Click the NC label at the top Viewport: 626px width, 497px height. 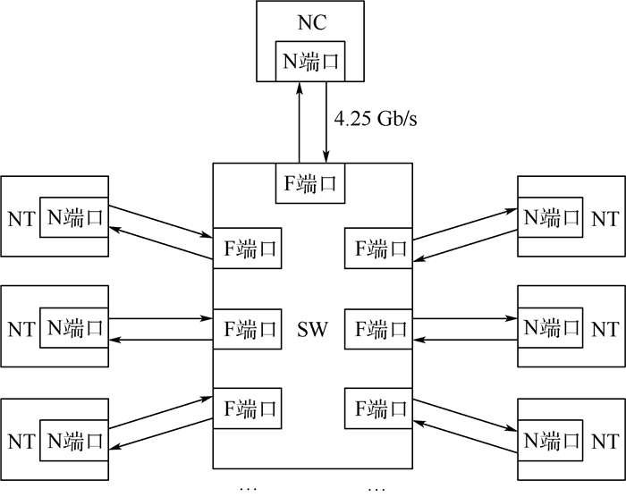[312, 20]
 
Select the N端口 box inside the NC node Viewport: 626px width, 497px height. [312, 60]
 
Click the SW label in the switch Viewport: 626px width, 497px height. [312, 331]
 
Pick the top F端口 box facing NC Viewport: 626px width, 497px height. [311, 183]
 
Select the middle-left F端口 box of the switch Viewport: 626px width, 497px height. [247, 330]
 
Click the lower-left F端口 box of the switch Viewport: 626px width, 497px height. [247, 409]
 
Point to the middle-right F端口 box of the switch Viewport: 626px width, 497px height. [376, 330]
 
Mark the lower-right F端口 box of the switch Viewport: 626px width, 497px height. [376, 409]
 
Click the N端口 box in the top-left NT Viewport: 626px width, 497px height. [74, 217]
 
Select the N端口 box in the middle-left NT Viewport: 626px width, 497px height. [74, 329]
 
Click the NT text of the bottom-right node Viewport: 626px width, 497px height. [605, 441]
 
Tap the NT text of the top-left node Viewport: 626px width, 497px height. [21, 218]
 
